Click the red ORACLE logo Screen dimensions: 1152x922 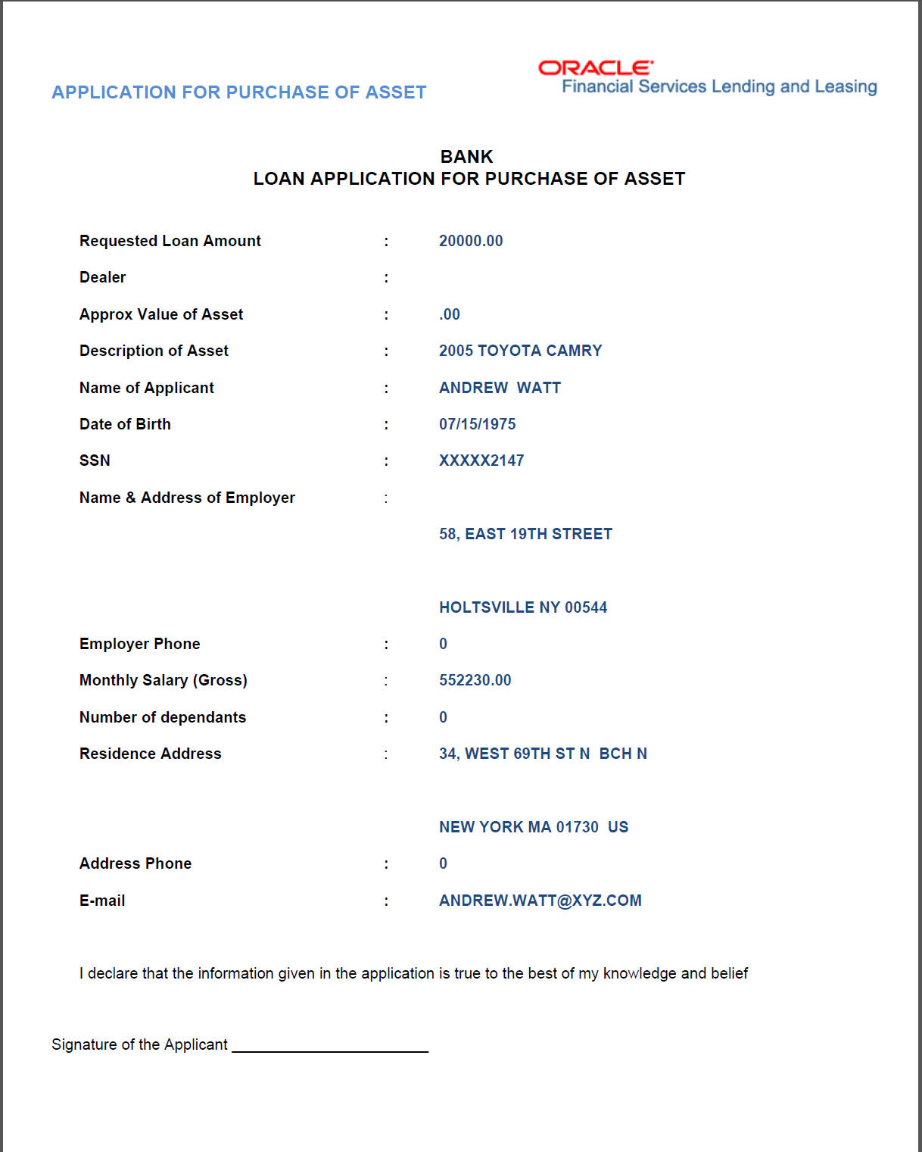tap(595, 68)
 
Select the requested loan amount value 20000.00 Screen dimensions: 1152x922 tap(471, 241)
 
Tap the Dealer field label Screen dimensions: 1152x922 tap(103, 277)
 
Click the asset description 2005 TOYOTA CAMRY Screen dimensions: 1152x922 tap(520, 351)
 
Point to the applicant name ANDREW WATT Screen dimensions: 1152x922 tap(500, 388)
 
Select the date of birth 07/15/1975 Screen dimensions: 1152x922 tap(477, 424)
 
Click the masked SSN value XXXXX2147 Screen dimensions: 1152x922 tap(481, 460)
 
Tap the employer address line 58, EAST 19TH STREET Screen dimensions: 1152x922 tap(525, 534)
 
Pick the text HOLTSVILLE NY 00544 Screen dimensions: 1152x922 tap(523, 607)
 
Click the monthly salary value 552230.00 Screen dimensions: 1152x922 tap(475, 680)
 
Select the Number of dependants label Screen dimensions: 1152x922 tap(163, 717)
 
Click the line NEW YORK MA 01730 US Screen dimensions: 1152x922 tap(534, 827)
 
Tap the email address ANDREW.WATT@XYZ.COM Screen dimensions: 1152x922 tap(540, 901)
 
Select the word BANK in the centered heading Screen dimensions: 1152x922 tap(466, 157)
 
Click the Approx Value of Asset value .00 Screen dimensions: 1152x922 tap(450, 314)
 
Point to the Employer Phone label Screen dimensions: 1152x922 tap(140, 644)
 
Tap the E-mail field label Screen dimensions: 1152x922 tap(102, 901)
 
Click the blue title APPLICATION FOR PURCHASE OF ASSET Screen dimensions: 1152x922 tap(239, 92)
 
